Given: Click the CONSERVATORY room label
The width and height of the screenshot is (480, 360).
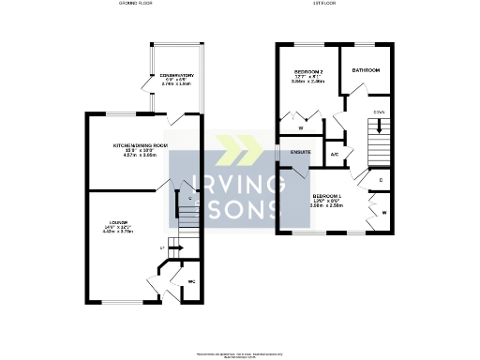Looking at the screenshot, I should click(176, 75).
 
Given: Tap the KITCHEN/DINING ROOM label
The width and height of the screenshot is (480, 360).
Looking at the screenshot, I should click(141, 145).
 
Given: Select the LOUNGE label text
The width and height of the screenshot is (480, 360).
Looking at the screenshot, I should click(118, 222).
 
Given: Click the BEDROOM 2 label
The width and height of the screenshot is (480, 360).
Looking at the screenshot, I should click(308, 71).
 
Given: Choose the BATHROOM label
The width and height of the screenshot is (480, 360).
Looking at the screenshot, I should click(366, 70).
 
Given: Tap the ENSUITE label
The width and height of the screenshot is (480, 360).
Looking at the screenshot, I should click(300, 151).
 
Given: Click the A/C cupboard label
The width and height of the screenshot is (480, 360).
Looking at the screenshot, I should click(335, 155).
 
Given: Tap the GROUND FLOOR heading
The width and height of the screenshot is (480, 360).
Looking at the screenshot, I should click(136, 5).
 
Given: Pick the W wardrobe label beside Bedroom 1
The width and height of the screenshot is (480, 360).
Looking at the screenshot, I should click(385, 214).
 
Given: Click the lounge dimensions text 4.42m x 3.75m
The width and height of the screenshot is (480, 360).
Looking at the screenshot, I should click(118, 233).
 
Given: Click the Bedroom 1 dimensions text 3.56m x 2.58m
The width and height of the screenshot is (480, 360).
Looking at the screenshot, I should click(328, 208).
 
